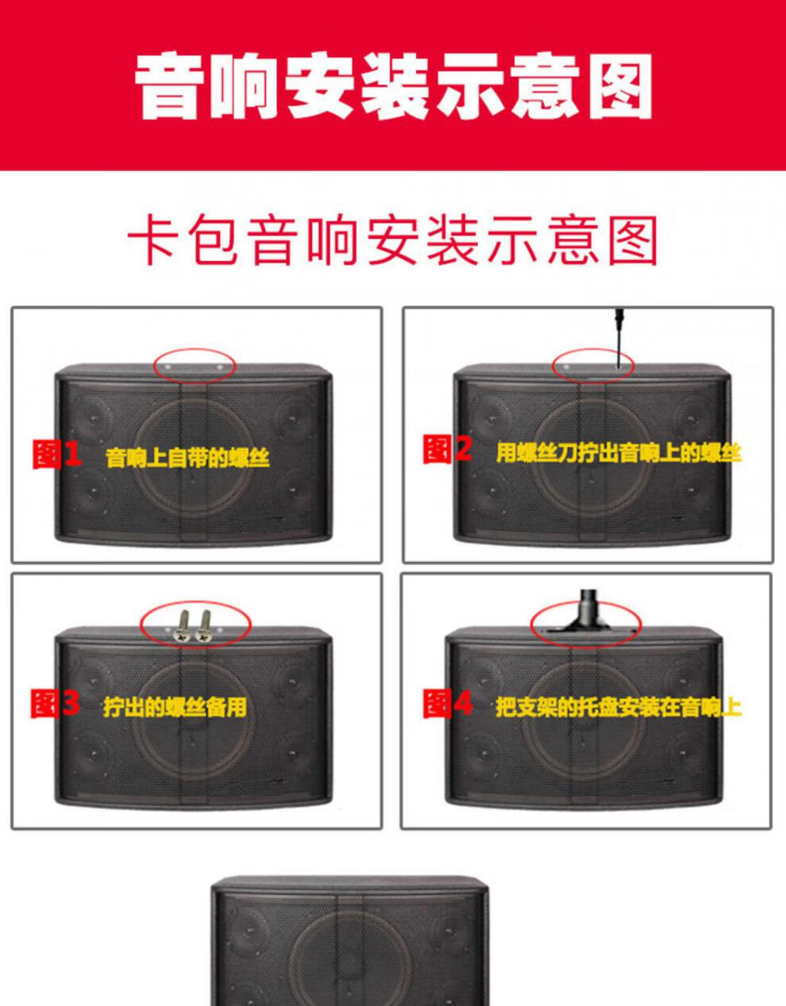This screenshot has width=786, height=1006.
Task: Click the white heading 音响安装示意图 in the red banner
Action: (x=393, y=86)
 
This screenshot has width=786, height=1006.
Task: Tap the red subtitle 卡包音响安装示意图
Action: (x=393, y=240)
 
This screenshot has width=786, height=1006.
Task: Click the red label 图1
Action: (x=56, y=454)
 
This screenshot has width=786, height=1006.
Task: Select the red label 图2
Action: (x=448, y=448)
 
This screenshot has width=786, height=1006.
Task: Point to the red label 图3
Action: (x=55, y=704)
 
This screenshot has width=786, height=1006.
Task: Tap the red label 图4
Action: (x=448, y=704)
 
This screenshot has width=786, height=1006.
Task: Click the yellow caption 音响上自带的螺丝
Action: (x=187, y=458)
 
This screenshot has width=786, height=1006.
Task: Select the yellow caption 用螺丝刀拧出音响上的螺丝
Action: (x=618, y=452)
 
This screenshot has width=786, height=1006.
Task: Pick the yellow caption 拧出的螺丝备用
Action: (x=175, y=707)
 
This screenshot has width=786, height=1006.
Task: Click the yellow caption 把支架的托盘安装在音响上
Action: (x=618, y=707)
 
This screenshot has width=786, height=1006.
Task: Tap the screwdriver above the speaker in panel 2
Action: (x=619, y=338)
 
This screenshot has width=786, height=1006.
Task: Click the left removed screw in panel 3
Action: (x=183, y=626)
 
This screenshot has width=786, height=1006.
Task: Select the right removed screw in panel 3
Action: (x=203, y=626)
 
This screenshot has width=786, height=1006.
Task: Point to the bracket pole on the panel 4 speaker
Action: (x=588, y=612)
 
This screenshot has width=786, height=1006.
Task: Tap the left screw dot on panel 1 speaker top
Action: (x=168, y=367)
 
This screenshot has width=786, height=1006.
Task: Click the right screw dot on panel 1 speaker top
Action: (x=220, y=368)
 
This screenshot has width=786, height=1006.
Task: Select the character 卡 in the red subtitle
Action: (x=152, y=240)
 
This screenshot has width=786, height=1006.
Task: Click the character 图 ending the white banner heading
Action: (x=621, y=86)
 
